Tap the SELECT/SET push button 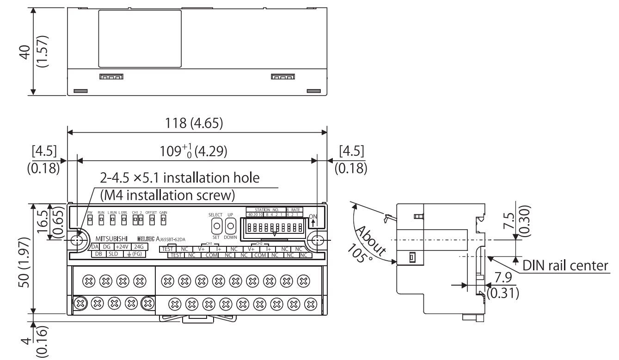tap(216, 226)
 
